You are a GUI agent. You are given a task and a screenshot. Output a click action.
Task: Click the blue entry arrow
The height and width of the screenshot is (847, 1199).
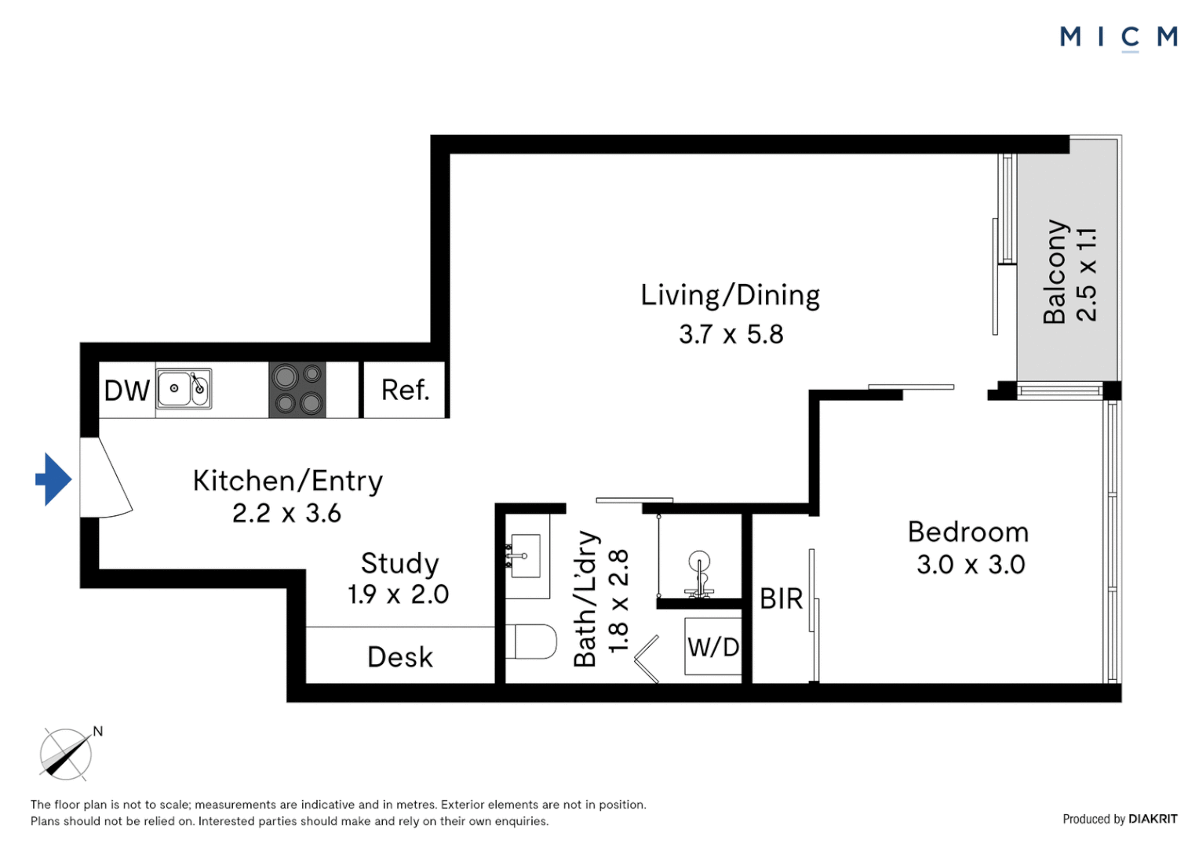tap(53, 479)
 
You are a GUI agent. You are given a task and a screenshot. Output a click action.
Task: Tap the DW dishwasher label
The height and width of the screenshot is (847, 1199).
tap(127, 391)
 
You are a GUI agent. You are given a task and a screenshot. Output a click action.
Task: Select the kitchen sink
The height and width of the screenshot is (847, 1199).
tap(184, 389)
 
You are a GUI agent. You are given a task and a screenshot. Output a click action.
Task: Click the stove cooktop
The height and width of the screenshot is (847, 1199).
tap(297, 390)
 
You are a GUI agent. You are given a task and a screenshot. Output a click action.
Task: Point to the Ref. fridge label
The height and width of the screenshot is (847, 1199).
tap(405, 390)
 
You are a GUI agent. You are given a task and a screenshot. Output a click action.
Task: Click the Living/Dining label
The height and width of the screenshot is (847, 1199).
tap(731, 296)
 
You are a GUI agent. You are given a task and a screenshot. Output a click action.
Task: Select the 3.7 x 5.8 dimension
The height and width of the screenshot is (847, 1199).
tap(731, 334)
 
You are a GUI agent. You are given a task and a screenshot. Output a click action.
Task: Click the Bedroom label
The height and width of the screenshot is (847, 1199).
tap(968, 533)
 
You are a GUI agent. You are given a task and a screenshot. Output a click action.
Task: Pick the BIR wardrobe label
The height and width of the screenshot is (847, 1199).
tap(782, 598)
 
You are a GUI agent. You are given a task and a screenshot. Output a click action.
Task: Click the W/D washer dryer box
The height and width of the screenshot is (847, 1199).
tap(713, 646)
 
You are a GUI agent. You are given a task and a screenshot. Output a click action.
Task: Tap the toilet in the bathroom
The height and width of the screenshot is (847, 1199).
tap(531, 642)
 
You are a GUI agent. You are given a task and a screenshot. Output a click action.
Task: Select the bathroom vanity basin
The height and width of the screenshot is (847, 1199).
tap(525, 556)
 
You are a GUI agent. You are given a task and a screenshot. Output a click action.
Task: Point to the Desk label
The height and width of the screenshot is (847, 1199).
tap(400, 657)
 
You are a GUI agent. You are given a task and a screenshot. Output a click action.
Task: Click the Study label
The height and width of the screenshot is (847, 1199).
tap(400, 563)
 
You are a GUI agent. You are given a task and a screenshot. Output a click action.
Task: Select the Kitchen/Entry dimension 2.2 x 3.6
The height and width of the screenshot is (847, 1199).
tap(287, 513)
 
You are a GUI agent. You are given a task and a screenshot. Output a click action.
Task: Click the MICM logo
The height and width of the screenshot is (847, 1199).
tap(1119, 38)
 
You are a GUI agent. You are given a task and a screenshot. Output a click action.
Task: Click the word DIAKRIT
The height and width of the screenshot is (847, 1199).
tap(1153, 819)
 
